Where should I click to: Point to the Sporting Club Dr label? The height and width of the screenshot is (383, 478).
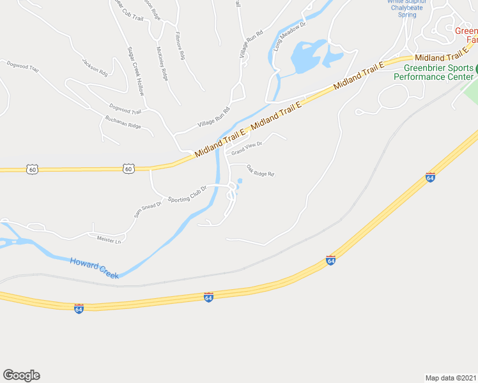coord(189,195)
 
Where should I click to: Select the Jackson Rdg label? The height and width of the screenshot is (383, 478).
coord(95,67)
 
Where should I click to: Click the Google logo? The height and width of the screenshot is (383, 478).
coord(21,375)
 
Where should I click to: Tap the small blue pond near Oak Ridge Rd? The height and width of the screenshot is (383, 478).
coord(240,182)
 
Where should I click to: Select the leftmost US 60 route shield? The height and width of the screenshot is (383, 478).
coord(33,169)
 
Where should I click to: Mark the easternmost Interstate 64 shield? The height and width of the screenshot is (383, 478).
coord(430,177)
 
